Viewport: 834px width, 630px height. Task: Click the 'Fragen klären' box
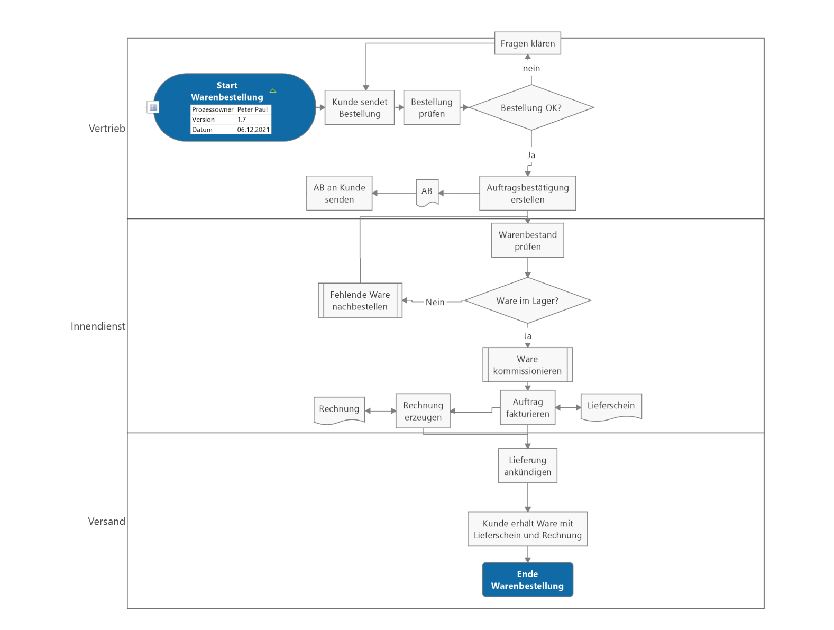pos(527,43)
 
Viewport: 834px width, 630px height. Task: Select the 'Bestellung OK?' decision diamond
pos(531,108)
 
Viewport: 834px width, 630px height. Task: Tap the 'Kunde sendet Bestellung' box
pos(360,108)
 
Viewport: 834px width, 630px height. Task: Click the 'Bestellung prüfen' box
pos(432,108)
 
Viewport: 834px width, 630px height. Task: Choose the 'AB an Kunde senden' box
pos(339,194)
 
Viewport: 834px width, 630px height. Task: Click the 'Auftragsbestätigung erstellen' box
pos(527,194)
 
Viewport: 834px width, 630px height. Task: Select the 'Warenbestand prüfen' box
pos(527,241)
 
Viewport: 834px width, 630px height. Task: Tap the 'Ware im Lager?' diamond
pos(527,301)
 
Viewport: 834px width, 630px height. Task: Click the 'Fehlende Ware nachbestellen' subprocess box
pos(360,300)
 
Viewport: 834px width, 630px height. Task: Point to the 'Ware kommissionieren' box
pos(527,365)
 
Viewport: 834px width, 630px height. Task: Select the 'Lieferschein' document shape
pos(611,406)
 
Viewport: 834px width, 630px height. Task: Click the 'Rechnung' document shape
pos(339,409)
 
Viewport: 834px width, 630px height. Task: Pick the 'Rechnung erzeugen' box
pos(423,411)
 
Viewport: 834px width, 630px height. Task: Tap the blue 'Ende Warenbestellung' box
pos(527,580)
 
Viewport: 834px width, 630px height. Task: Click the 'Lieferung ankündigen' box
pos(527,466)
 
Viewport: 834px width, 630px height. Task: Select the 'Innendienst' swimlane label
pos(98,326)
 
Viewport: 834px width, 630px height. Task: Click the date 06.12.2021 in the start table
pos(253,130)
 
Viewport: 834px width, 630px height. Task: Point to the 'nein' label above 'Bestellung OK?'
pos(531,68)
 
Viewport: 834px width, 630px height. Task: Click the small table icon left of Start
pos(153,107)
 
